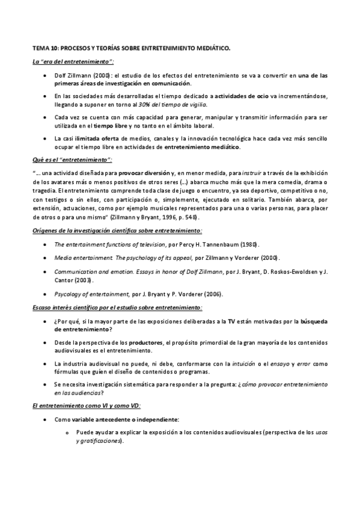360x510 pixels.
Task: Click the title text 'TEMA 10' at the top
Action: click(x=46, y=47)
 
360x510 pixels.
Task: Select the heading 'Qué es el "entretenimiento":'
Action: click(x=72, y=159)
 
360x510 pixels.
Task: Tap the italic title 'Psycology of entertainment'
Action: click(x=91, y=293)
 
